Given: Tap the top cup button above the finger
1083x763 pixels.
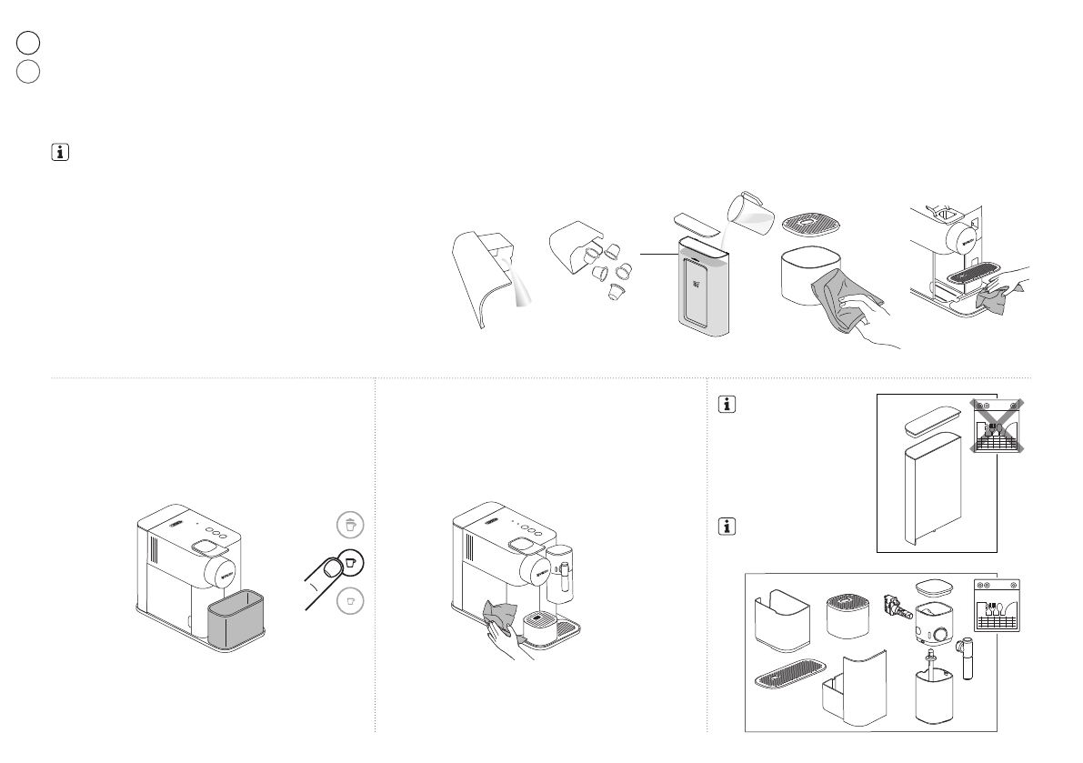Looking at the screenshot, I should [x=349, y=524].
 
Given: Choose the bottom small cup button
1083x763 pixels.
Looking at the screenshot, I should [x=349, y=600].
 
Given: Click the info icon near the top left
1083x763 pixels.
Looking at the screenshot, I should [x=61, y=154].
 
